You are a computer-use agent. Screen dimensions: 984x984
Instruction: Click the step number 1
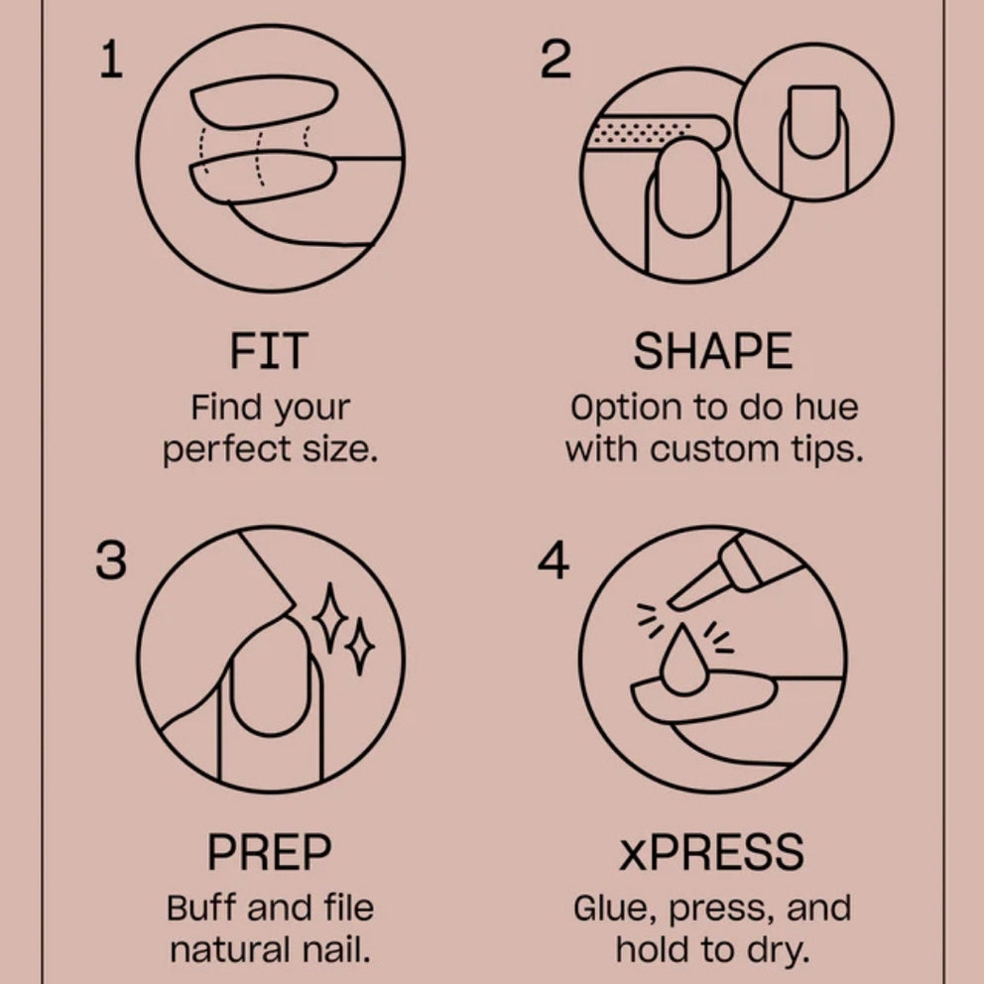112,60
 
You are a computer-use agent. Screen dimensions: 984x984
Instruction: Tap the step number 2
556,60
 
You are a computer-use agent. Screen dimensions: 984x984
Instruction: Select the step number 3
111,560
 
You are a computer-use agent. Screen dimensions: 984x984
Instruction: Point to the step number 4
553,560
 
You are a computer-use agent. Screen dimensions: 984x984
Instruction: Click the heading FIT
269,351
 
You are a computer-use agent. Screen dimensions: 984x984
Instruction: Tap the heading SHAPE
713,351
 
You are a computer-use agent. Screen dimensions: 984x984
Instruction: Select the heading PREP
269,852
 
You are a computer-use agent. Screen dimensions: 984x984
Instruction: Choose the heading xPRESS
711,852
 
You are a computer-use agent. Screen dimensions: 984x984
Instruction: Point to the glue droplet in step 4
683,662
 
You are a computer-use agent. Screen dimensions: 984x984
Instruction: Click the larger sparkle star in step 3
330,618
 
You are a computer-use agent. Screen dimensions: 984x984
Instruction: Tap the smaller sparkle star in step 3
360,647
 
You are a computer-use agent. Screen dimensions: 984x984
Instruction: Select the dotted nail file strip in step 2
656,132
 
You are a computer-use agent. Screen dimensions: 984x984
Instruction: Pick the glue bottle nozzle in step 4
695,588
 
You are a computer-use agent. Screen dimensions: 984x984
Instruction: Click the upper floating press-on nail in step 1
264,101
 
